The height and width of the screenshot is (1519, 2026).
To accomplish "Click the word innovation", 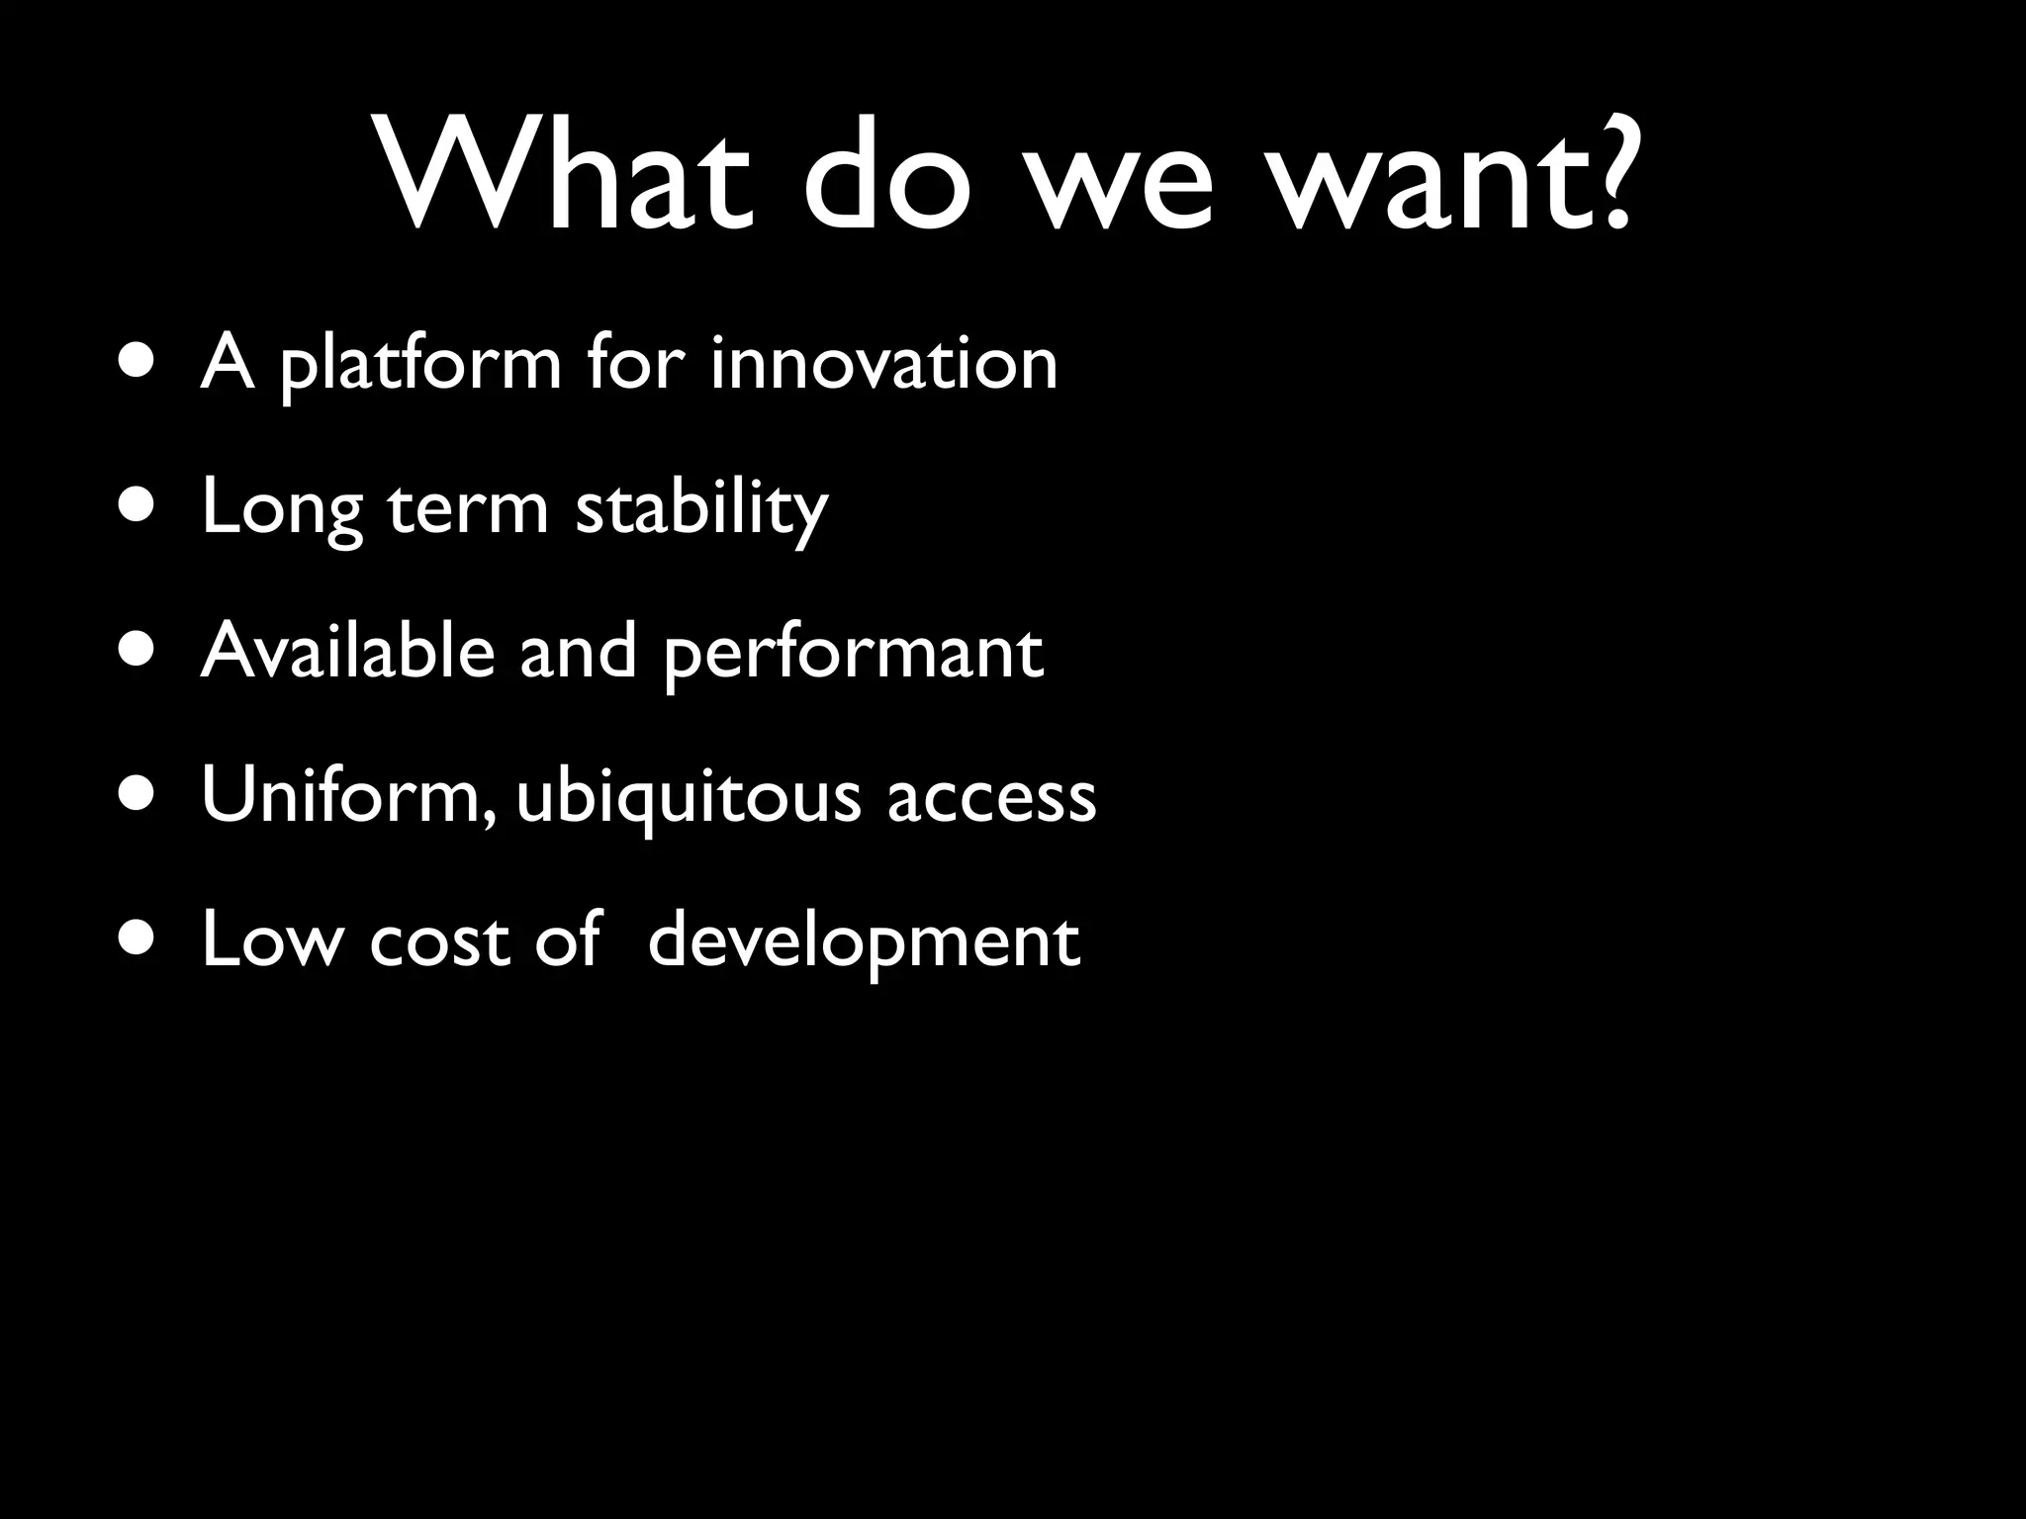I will click(x=883, y=363).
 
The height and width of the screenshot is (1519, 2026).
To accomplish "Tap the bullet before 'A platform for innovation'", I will click(x=134, y=362).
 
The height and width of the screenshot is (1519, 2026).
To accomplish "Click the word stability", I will click(x=701, y=510).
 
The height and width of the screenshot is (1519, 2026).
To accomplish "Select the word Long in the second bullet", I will click(x=282, y=510).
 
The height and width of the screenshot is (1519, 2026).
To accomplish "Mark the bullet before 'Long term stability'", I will click(x=134, y=506).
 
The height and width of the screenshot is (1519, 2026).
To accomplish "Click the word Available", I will click(x=347, y=652).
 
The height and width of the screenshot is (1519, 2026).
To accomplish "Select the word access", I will click(x=991, y=799).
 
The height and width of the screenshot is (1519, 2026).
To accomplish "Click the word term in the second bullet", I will click(x=467, y=510).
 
